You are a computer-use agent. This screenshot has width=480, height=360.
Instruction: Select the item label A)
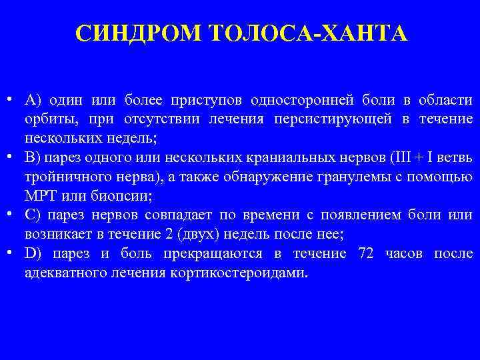pyautogui.click(x=33, y=101)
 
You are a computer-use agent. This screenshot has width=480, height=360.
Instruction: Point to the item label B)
pyautogui.click(x=33, y=159)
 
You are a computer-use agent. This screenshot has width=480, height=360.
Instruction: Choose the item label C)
pyautogui.click(x=33, y=215)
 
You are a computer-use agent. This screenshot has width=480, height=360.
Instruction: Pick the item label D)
pyautogui.click(x=33, y=254)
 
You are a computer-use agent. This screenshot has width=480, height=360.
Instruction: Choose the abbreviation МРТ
pyautogui.click(x=39, y=197)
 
